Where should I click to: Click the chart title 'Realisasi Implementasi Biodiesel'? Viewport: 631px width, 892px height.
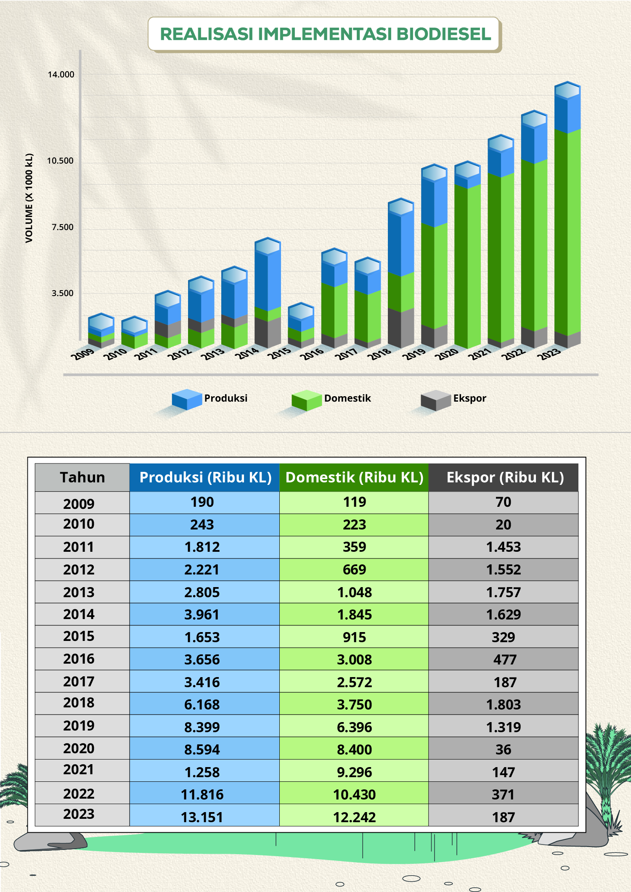[325, 34]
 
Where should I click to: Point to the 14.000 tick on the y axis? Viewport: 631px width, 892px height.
[61, 75]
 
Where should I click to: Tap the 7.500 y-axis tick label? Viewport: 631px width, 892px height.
[62, 228]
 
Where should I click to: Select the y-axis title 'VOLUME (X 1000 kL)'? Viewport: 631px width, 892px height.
[29, 198]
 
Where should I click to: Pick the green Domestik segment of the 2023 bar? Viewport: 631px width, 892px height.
[567, 231]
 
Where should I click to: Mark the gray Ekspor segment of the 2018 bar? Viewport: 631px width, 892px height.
[400, 328]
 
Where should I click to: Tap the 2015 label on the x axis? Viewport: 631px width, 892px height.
[280, 353]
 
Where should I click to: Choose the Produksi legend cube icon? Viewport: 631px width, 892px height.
[187, 399]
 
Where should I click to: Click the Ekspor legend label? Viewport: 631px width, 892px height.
[469, 398]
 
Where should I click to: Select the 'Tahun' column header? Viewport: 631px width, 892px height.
[82, 477]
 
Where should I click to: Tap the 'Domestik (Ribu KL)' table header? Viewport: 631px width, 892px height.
[354, 477]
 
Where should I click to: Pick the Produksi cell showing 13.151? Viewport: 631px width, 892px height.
[202, 817]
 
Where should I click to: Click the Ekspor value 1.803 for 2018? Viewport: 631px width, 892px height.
[504, 704]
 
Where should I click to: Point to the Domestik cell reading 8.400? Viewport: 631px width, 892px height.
[354, 749]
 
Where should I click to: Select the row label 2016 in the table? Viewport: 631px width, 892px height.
[79, 659]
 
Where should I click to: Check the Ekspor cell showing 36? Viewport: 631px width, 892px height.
[504, 749]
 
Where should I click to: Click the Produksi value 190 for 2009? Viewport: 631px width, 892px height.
[202, 502]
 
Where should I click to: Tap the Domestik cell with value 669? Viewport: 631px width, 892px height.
[354, 569]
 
